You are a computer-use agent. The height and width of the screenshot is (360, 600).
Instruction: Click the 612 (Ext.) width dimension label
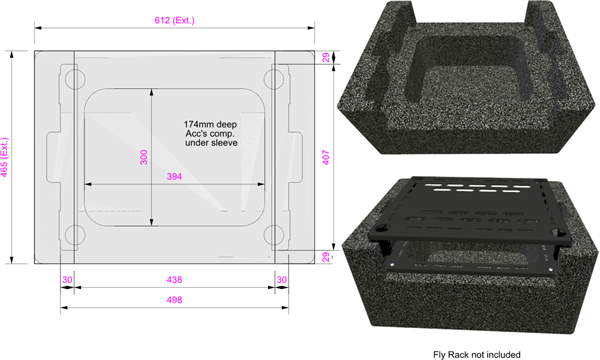point(174,20)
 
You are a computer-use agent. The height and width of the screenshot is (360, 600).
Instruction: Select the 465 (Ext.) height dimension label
point(4,157)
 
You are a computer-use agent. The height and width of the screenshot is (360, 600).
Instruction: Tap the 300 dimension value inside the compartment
point(143,157)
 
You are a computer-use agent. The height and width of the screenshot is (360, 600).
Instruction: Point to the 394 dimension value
point(174,176)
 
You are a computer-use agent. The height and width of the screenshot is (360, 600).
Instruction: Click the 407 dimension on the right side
point(326,157)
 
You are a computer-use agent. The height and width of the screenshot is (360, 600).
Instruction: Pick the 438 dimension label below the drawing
point(174,280)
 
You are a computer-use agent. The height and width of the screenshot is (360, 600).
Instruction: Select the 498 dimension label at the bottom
point(174,300)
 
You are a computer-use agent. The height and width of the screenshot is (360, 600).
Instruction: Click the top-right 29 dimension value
point(326,57)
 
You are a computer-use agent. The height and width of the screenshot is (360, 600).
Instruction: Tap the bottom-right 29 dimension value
point(326,257)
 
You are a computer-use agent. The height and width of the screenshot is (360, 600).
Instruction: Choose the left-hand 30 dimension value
point(67,280)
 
